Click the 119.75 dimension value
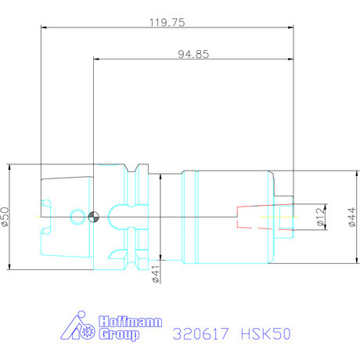point(167,23)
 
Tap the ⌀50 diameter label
point(7,217)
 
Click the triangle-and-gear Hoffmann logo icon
point(81,329)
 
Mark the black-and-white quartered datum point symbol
point(93,217)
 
